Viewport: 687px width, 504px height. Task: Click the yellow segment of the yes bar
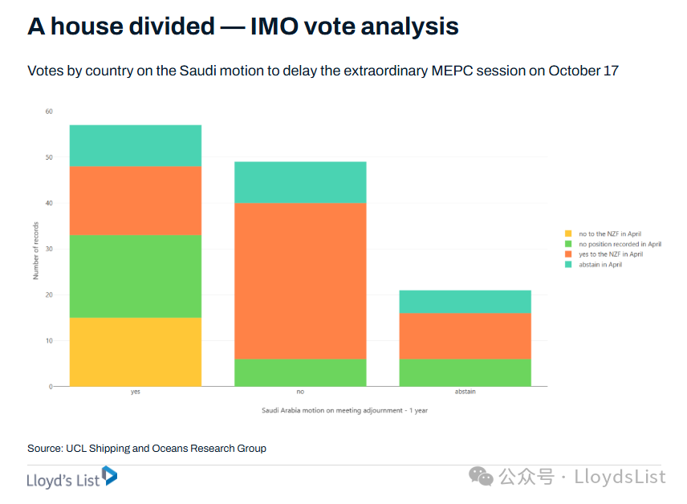[136, 352]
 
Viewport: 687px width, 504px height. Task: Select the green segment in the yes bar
[136, 276]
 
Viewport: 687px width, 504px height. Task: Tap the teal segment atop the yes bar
[136, 146]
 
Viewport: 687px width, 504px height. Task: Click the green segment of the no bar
[300, 372]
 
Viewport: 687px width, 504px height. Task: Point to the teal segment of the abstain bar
[465, 301]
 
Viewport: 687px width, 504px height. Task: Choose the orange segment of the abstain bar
[465, 335]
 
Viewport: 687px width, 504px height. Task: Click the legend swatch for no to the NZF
[568, 234]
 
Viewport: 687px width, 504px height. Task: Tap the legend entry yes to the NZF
[610, 254]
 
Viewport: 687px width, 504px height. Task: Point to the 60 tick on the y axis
[49, 112]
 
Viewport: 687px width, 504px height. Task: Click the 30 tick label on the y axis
[49, 249]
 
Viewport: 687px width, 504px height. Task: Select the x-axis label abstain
[465, 392]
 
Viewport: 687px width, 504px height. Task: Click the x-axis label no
[300, 392]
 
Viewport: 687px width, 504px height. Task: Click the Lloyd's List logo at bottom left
[72, 478]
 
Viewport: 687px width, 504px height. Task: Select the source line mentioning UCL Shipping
[147, 448]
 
